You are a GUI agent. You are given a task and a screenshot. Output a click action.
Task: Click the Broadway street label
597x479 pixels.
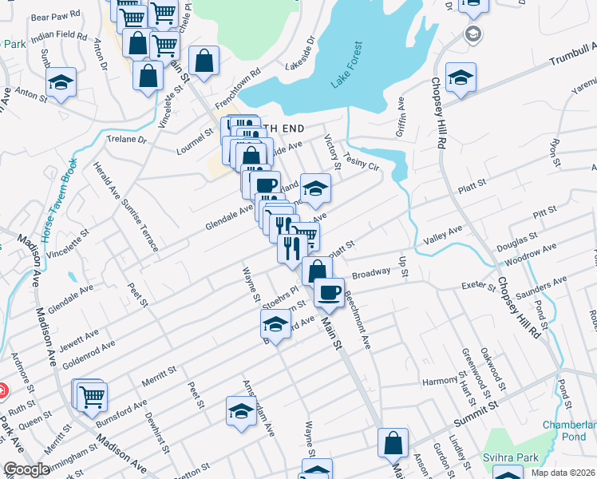tap(371, 272)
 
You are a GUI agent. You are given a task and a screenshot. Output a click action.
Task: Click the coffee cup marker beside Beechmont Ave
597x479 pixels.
tap(328, 291)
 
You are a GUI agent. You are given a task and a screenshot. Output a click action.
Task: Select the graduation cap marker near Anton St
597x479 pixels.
tap(61, 82)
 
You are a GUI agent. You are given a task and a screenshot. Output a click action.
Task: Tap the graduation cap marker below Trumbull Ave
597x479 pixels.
tap(461, 77)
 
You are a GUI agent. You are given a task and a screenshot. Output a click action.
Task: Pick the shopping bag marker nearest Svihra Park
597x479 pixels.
tap(393, 441)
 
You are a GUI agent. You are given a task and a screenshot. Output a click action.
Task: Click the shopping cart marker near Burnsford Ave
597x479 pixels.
tap(93, 394)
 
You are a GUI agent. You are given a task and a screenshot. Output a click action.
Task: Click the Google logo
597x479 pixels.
tap(27, 469)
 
